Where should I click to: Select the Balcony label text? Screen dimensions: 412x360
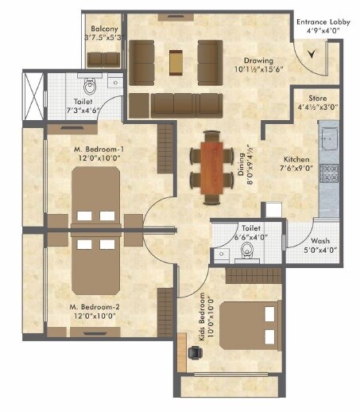coord(103,28)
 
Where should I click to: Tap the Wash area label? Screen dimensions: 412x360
coord(320,241)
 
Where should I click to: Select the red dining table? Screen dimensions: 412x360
coord(212,165)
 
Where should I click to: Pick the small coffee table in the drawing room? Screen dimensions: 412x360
coord(176,58)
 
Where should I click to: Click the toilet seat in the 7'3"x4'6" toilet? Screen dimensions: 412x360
coord(89,84)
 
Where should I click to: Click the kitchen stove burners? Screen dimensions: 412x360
coord(329,171)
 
